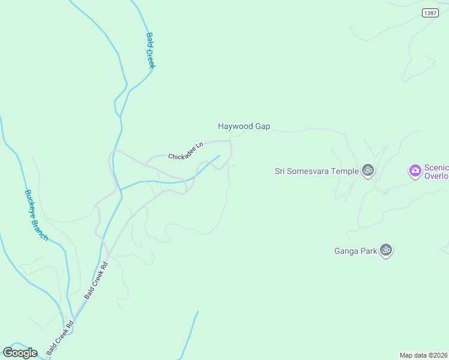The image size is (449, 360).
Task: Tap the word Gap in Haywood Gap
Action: (263, 127)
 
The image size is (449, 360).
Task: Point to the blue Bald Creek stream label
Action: (150, 50)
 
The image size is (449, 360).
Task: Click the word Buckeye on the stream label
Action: (31, 204)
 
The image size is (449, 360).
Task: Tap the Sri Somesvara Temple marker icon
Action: (368, 170)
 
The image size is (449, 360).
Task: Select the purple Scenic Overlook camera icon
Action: (415, 171)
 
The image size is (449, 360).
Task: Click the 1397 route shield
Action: (430, 13)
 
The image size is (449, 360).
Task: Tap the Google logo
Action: (20, 353)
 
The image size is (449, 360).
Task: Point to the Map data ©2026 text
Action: (423, 355)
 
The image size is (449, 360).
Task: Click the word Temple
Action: (345, 171)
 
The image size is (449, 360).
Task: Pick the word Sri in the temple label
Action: (281, 171)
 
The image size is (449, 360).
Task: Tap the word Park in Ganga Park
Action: (369, 251)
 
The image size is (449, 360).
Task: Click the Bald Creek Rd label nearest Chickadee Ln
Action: (96, 280)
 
